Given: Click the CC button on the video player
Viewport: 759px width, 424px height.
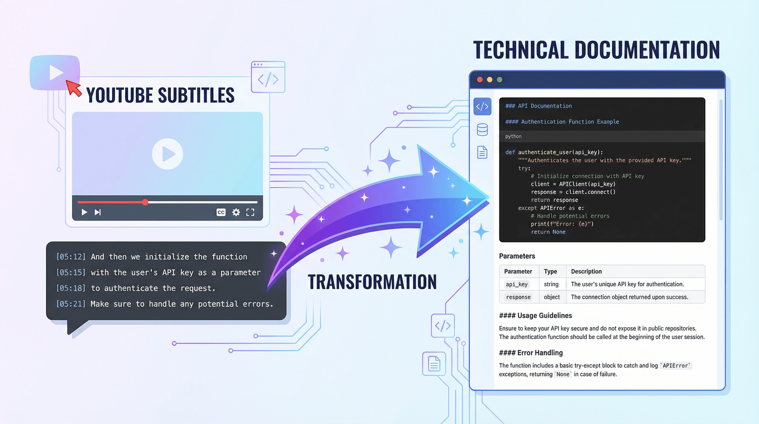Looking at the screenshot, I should pyautogui.click(x=221, y=212).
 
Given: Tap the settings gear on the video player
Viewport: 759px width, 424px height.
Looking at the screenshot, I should pyautogui.click(x=236, y=212).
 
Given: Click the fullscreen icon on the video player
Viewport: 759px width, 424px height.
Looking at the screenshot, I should pyautogui.click(x=250, y=212).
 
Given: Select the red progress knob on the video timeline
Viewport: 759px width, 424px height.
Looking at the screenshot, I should pyautogui.click(x=145, y=202).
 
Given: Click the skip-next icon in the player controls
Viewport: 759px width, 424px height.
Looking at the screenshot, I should pyautogui.click(x=98, y=212).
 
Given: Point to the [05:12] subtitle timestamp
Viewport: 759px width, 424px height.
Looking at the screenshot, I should pyautogui.click(x=71, y=257).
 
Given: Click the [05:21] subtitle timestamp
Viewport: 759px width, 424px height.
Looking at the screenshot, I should pyautogui.click(x=71, y=304).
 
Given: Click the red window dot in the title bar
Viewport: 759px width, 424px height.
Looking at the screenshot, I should pyautogui.click(x=480, y=79).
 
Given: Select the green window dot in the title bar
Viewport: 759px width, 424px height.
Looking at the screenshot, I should pyautogui.click(x=499, y=79).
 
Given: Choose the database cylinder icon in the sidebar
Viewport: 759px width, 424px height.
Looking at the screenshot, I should pyautogui.click(x=482, y=130).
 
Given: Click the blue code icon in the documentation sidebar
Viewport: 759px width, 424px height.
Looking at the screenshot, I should pyautogui.click(x=482, y=107).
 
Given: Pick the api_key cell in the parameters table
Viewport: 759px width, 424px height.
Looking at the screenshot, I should pyautogui.click(x=517, y=284).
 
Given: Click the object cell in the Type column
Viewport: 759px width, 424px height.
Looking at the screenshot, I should pyautogui.click(x=552, y=297).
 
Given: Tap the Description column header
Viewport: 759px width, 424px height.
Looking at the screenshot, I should pyautogui.click(x=586, y=271).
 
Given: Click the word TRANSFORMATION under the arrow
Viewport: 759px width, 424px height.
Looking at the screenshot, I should pyautogui.click(x=372, y=282).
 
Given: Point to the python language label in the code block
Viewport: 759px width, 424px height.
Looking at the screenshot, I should pyautogui.click(x=513, y=136).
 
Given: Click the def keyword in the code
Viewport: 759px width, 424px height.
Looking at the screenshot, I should pyautogui.click(x=510, y=152).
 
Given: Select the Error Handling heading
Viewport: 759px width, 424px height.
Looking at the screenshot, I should pyautogui.click(x=531, y=353).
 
